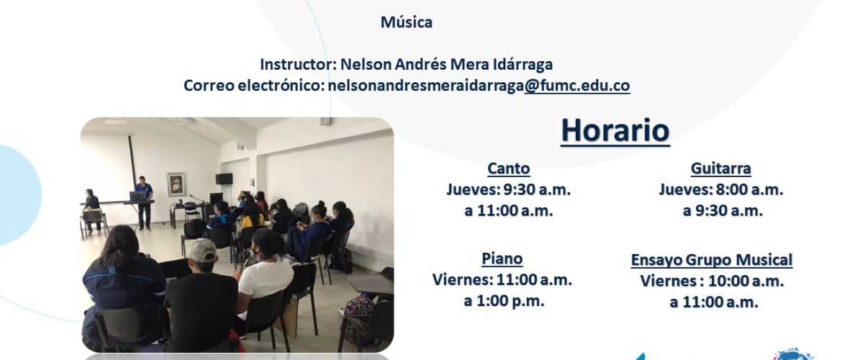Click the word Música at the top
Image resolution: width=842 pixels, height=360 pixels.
click(407, 22)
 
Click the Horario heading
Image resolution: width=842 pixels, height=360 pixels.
click(615, 130)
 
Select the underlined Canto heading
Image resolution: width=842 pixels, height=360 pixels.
click(509, 168)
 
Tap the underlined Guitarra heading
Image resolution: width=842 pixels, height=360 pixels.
click(720, 168)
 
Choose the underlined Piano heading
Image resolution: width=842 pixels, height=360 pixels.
click(502, 258)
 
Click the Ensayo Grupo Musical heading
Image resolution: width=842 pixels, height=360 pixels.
click(712, 260)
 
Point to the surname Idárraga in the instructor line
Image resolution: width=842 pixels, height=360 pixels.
click(522, 65)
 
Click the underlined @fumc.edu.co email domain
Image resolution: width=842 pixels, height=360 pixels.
click(576, 86)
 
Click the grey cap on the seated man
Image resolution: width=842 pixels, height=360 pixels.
click(202, 250)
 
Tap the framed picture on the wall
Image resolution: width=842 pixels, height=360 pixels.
click(176, 184)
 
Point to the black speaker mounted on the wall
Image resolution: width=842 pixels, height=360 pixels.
click(224, 179)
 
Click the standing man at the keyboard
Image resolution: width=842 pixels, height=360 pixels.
click(144, 202)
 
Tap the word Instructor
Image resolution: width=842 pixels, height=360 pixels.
click(298, 65)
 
